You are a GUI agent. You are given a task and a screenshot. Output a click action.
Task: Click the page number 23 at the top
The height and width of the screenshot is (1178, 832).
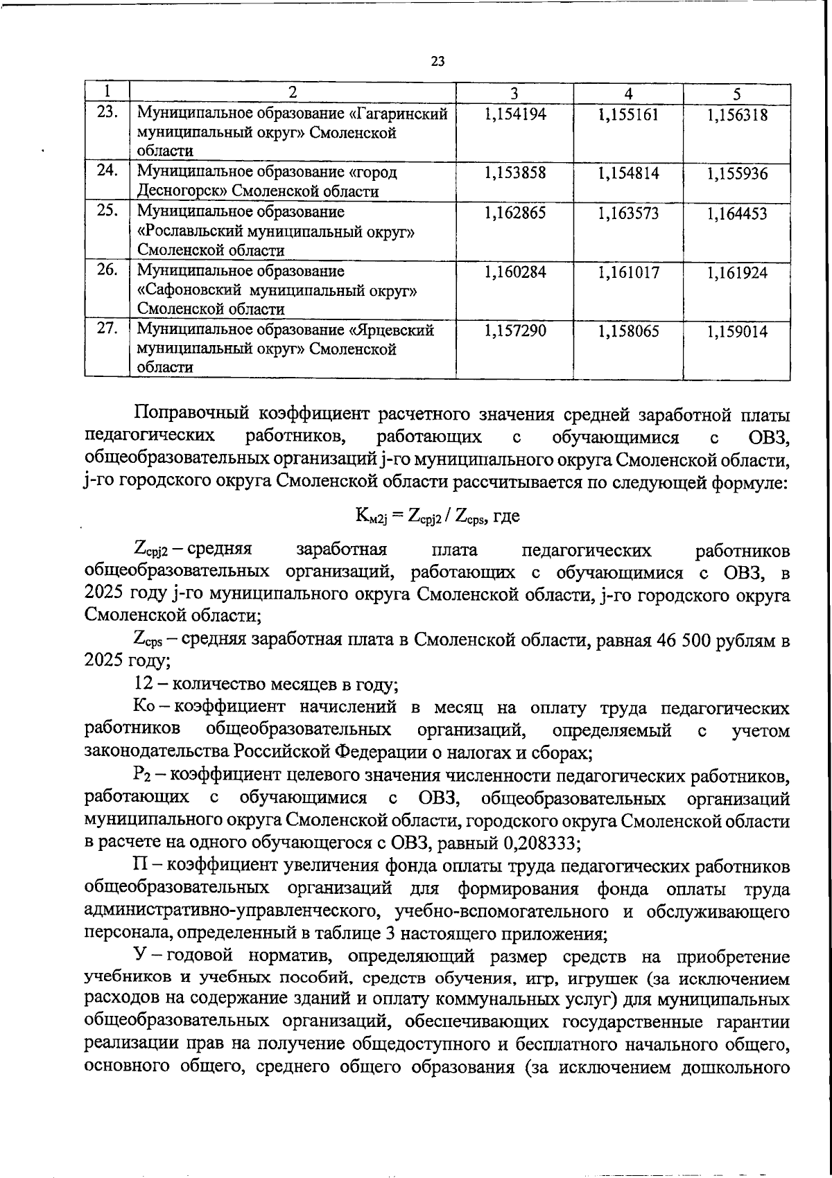(x=437, y=61)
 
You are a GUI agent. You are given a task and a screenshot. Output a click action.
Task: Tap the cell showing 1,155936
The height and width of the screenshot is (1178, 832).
(x=737, y=173)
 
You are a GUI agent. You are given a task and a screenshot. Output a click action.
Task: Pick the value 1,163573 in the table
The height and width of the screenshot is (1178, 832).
(x=628, y=213)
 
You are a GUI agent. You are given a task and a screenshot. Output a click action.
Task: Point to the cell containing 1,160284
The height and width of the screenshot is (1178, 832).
(x=515, y=272)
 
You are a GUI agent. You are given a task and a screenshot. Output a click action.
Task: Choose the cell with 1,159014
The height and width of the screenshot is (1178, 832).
(x=737, y=331)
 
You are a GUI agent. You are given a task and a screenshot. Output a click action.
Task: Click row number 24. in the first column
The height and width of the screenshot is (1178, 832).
(x=107, y=170)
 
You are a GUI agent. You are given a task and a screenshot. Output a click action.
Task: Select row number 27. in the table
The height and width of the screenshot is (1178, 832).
(x=107, y=328)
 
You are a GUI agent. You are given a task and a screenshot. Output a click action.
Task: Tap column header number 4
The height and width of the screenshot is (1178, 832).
(x=627, y=94)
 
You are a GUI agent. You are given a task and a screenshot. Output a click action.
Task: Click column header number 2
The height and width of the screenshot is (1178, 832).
(x=292, y=94)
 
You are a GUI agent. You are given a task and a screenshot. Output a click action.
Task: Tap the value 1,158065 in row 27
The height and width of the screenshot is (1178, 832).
(x=628, y=331)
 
